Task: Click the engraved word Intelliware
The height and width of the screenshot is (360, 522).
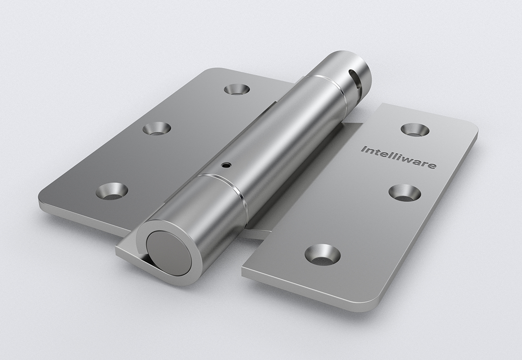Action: click(x=398, y=157)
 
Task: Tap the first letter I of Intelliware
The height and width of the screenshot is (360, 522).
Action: click(x=363, y=149)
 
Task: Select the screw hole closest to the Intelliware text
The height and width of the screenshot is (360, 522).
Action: click(x=414, y=129)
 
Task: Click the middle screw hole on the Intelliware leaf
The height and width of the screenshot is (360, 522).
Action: click(x=405, y=193)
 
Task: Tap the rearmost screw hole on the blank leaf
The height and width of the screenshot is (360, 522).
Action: click(x=237, y=89)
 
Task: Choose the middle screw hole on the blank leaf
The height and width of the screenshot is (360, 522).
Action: click(x=157, y=128)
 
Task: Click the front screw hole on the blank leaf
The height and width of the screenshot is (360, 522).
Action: click(x=112, y=191)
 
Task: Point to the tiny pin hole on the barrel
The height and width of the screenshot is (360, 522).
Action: click(x=226, y=164)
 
